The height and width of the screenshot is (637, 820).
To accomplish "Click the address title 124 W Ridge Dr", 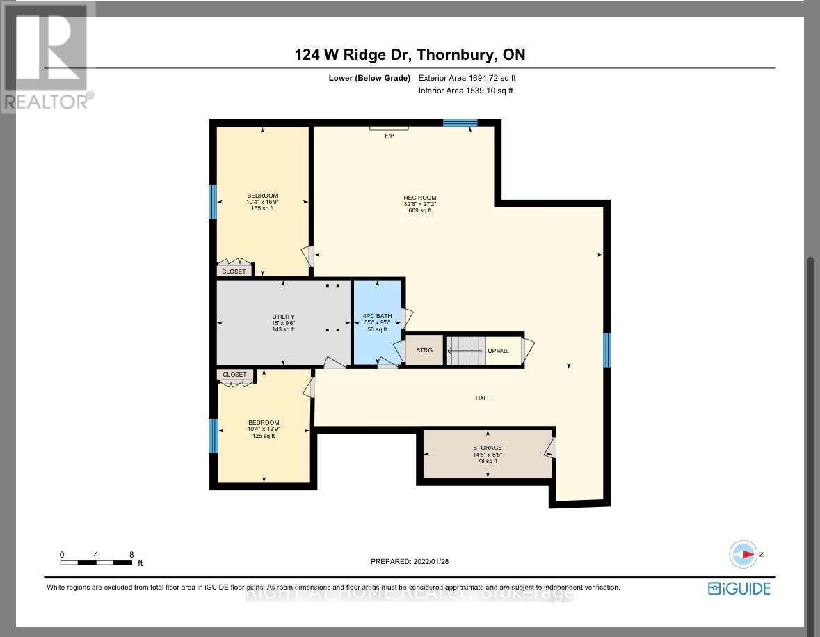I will [x=410, y=55].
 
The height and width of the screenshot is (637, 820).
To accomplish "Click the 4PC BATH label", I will [x=377, y=322].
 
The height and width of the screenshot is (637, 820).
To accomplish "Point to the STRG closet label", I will [x=424, y=350].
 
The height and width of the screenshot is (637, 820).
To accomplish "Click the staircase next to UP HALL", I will [x=465, y=350].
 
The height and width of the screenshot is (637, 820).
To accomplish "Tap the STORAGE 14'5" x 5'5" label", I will [x=487, y=454].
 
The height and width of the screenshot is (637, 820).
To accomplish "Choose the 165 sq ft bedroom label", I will [x=262, y=201].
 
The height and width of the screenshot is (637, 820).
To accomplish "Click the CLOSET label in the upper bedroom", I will [x=234, y=272].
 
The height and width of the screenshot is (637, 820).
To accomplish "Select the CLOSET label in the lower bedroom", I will [x=234, y=375].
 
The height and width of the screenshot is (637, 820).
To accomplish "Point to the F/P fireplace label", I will [x=389, y=135].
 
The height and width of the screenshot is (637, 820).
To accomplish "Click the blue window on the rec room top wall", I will [x=460, y=123].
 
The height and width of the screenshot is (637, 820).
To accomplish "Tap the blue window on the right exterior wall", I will [x=606, y=349].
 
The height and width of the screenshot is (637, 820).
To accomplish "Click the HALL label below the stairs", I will [x=483, y=398].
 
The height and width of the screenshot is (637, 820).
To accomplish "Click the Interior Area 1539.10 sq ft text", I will [x=465, y=91].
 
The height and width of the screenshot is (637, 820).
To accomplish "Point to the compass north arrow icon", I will [x=743, y=554].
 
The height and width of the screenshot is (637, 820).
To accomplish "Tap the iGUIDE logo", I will [x=739, y=588].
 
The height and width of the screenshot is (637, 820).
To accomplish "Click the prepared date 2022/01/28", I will [x=415, y=562].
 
